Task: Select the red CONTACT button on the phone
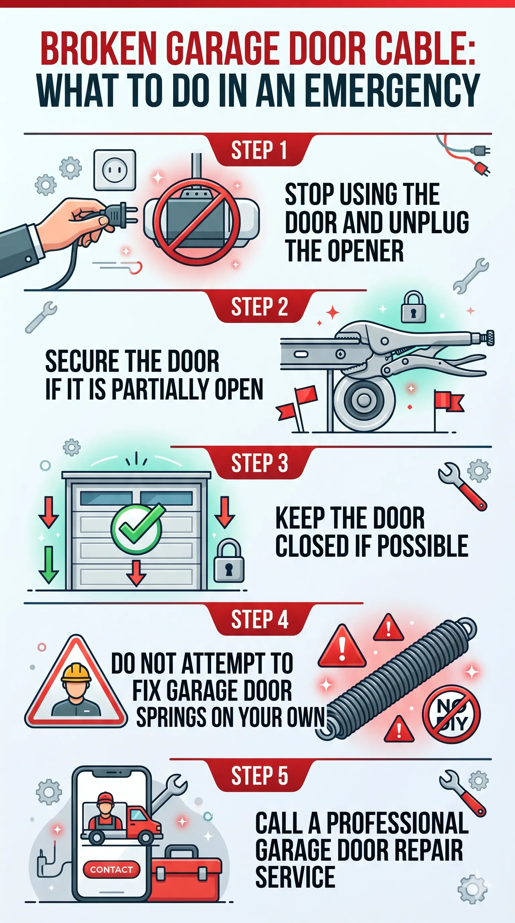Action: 111,870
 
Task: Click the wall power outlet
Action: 115,170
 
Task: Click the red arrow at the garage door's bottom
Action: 136,573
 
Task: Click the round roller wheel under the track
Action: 364,399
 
